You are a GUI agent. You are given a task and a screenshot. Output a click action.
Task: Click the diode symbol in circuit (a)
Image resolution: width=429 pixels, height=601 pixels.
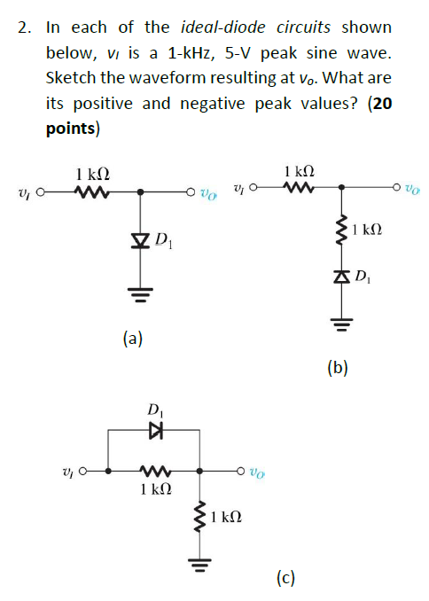click(x=140, y=238)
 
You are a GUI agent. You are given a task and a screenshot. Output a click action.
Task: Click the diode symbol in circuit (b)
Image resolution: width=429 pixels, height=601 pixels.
click(x=341, y=281)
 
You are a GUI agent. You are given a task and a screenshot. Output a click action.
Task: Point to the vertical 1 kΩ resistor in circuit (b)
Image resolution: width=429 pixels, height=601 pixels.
click(x=341, y=233)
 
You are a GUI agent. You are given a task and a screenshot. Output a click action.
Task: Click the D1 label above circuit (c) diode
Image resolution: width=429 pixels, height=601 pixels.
click(x=156, y=410)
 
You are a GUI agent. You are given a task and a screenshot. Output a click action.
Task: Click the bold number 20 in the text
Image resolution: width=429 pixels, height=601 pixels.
click(x=382, y=104)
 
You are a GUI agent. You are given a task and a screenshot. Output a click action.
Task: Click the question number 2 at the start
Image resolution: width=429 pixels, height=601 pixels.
click(x=24, y=28)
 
